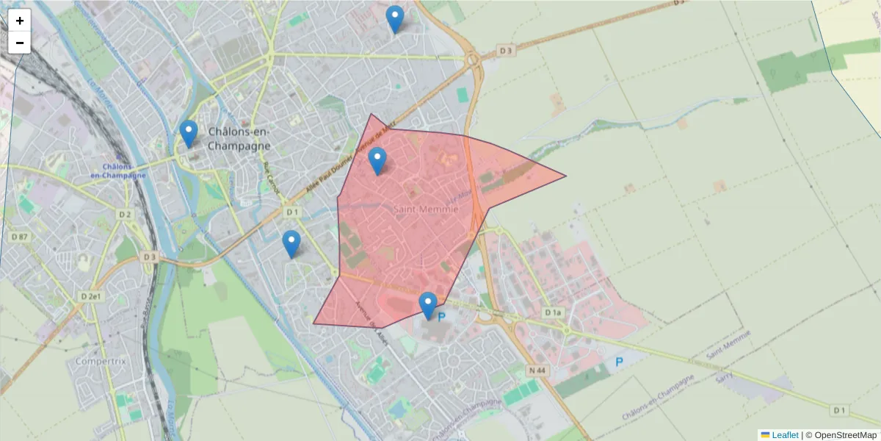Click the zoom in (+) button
click(20, 21)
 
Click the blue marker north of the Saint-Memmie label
click(377, 160)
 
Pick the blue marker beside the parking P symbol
click(428, 305)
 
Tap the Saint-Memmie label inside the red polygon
click(426, 209)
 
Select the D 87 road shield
click(20, 237)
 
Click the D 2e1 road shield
click(91, 295)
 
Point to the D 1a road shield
click(553, 313)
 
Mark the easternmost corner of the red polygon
click(565, 176)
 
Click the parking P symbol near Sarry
click(619, 362)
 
